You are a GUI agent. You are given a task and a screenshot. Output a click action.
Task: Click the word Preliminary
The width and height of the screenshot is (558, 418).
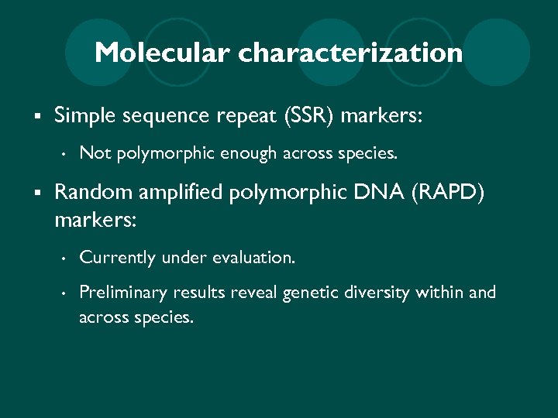(x=122, y=293)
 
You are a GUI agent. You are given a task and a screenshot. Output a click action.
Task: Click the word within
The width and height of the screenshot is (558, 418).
(x=440, y=293)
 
